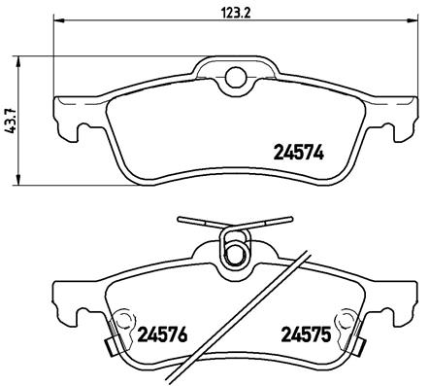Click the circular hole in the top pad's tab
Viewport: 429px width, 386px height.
point(233,78)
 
